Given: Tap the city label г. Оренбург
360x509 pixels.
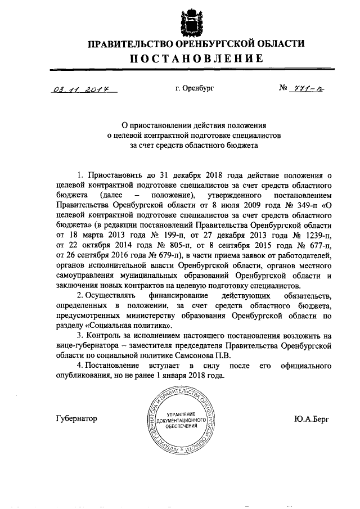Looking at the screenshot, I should (195, 88).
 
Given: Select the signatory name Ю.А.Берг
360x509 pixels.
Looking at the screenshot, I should (311, 418).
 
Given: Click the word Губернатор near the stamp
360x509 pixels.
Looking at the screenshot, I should (77, 418).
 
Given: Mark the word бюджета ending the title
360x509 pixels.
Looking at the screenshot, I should (244, 145).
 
